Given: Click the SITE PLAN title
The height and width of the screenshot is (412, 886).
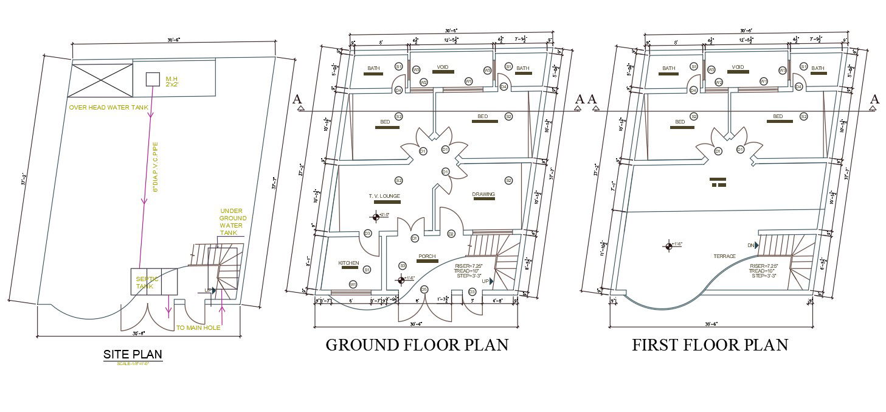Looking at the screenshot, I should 133,354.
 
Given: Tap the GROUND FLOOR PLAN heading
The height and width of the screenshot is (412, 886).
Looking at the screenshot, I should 417,345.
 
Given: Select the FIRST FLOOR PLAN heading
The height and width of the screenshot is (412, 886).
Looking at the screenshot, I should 710,345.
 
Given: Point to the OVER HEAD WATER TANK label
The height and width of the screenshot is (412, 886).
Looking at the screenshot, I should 108,108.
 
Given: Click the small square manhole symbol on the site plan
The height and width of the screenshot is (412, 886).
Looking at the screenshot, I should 152,79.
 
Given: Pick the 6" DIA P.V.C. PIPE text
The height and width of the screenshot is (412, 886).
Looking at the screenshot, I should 155,167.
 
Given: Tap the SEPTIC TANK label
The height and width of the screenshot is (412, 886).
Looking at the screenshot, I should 145,282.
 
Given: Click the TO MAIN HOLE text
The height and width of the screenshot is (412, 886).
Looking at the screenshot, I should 198,328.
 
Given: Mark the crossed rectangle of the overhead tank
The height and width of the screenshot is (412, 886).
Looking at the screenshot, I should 102,80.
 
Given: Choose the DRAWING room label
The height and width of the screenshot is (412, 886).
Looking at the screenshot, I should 483,195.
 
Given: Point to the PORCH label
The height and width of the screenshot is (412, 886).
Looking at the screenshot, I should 426,257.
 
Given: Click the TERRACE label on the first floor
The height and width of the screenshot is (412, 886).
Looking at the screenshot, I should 724,256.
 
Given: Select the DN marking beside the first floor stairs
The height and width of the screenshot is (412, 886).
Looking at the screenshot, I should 751,245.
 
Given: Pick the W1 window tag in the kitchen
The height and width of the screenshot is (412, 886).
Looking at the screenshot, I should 353,284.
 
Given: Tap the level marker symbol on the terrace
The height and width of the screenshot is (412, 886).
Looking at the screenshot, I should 669,245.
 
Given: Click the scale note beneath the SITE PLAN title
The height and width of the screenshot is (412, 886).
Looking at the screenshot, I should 133,363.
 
